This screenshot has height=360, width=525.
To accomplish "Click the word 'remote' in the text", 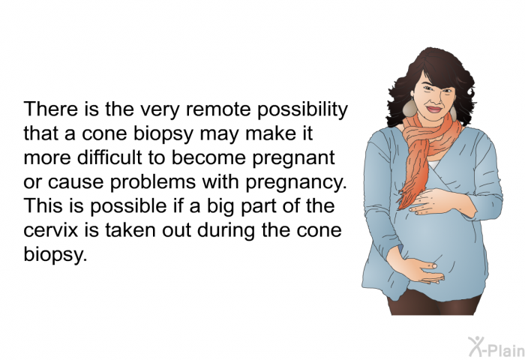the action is tap(217, 109).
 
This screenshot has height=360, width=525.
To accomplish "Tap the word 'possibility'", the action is tap(302, 109).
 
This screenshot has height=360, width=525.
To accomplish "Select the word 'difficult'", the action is tap(109, 157).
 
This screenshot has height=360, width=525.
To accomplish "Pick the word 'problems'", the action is tap(153, 182).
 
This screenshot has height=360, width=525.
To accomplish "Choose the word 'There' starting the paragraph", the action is tap(50, 109).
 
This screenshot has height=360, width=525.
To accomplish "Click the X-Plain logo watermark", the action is tap(496, 347).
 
